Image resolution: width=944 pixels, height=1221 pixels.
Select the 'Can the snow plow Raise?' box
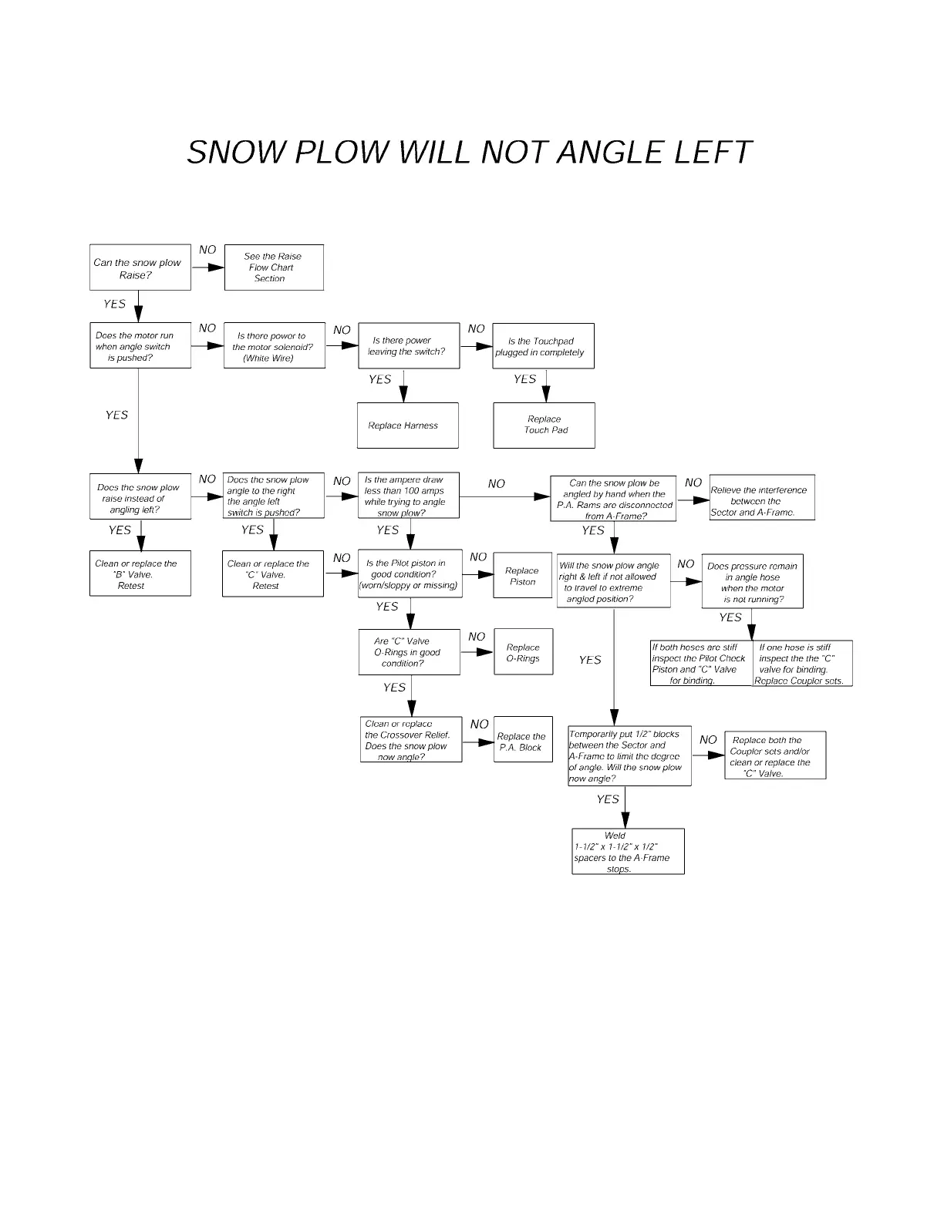click(140, 267)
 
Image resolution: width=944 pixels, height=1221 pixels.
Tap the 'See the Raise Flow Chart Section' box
click(274, 267)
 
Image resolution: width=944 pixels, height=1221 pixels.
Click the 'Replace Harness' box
click(407, 425)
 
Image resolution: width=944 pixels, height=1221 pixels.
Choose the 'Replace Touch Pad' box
click(544, 425)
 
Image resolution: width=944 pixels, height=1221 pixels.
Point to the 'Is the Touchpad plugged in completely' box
click(543, 347)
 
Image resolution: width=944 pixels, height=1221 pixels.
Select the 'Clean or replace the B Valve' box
click(140, 574)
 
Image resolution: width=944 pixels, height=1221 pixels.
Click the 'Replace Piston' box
click(522, 576)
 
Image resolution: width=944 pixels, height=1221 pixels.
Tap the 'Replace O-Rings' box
click(523, 653)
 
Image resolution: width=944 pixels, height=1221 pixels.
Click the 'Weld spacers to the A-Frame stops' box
click(628, 852)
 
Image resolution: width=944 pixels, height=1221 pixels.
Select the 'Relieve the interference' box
click(761, 498)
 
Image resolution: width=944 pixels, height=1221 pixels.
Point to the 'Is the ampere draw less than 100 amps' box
click(408, 496)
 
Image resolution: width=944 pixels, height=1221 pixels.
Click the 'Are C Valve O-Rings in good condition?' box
click(409, 652)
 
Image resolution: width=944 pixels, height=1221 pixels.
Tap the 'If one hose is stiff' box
click(802, 664)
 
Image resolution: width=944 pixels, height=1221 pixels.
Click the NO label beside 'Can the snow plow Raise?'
click(207, 250)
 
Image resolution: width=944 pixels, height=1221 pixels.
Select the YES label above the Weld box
click(608, 799)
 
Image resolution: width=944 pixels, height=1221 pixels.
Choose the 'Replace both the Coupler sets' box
click(774, 756)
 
